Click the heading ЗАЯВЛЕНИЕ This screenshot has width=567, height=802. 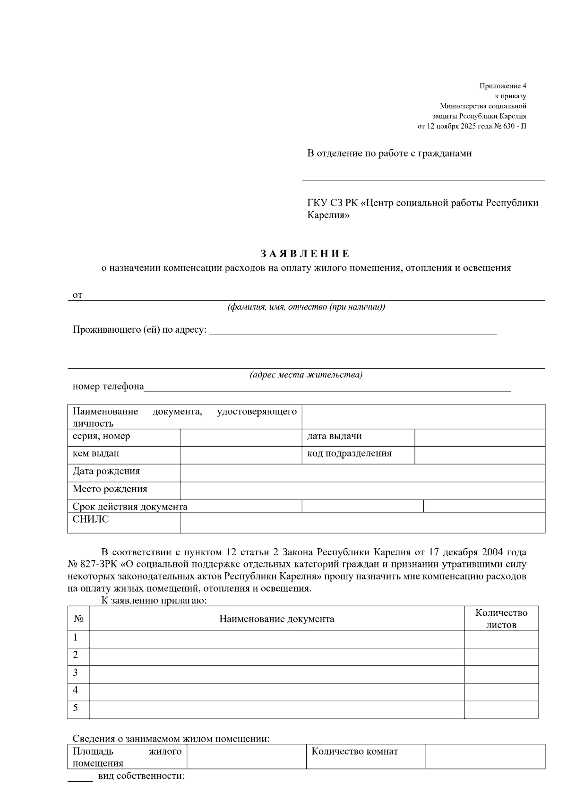(306, 254)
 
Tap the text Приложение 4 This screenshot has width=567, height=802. (502, 86)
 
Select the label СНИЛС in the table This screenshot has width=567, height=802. (91, 519)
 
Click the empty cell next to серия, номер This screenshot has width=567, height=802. (241, 438)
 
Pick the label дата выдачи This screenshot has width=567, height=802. (335, 436)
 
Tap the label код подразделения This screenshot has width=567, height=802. (349, 454)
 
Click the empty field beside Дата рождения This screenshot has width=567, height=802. (362, 473)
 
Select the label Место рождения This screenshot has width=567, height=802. (110, 489)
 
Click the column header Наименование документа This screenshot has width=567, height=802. (276, 619)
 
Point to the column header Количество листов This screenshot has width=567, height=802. (501, 619)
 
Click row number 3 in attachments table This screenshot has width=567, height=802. (76, 673)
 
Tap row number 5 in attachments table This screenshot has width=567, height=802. (76, 708)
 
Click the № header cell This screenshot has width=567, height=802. (78, 619)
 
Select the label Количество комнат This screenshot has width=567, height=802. (355, 752)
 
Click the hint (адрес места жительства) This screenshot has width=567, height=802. (306, 375)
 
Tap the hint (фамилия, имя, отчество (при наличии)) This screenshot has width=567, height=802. (306, 307)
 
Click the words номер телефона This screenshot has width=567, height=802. (108, 387)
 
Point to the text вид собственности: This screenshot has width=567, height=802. (141, 776)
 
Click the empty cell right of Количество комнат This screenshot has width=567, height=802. (485, 757)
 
